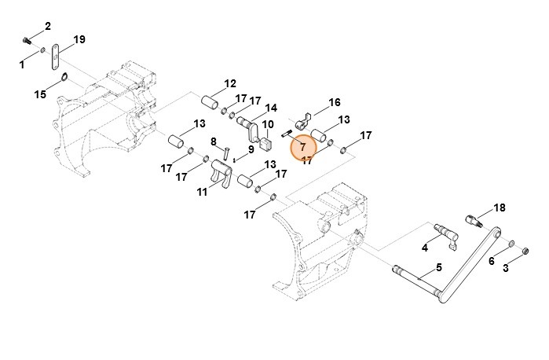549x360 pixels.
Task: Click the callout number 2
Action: (48, 26)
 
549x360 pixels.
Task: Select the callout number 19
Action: (79, 39)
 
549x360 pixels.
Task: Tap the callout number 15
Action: (40, 94)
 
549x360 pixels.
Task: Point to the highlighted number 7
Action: (303, 147)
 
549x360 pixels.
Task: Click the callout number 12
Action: (230, 83)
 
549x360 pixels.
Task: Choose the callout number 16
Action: (335, 102)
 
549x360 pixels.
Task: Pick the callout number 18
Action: (500, 208)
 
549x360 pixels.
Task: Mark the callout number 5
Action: (439, 267)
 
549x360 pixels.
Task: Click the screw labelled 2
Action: (27, 41)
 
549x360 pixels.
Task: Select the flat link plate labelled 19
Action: (55, 57)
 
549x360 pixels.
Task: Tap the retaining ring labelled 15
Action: (64, 76)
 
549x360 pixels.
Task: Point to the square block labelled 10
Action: (266, 144)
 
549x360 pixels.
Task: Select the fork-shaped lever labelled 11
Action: (221, 171)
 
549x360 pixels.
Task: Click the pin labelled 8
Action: (225, 153)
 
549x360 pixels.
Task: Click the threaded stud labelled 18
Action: (474, 221)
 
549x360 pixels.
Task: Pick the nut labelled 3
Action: (525, 251)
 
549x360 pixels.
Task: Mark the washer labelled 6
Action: (511, 243)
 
